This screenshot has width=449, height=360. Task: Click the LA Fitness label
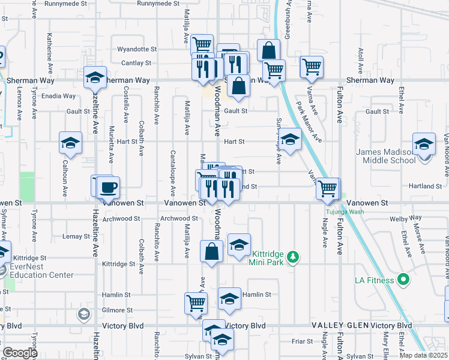pos(374,280)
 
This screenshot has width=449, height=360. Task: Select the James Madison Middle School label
pos(385,156)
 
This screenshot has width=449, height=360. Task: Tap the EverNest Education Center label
pos(42,271)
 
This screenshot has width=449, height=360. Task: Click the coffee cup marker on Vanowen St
pos(108,187)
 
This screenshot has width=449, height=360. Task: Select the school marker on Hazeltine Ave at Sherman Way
pos(95,77)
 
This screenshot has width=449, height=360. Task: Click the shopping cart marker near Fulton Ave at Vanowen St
pos(327,188)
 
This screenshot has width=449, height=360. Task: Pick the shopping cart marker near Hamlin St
pos(196,304)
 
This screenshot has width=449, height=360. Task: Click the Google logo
pos(20,353)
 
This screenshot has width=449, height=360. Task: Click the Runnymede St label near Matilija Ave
pos(158,4)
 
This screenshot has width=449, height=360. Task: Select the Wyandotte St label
pos(137,49)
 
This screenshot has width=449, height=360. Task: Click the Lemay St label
pos(76,237)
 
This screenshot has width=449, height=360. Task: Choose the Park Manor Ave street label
pos(309,122)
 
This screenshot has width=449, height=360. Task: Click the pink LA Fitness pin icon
pos(404,280)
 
